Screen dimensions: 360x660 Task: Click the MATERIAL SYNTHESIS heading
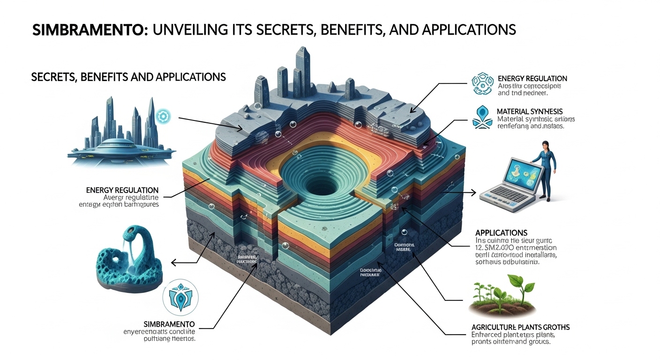point(530,112)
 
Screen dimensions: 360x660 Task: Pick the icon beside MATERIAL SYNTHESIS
point(482,117)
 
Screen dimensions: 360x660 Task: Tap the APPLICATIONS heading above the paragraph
point(501,232)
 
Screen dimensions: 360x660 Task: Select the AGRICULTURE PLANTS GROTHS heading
point(520,327)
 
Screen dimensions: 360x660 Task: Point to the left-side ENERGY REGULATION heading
point(122,190)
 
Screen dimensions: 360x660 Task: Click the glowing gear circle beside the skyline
point(163,115)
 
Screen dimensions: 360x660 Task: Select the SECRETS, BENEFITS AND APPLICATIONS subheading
point(128,76)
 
